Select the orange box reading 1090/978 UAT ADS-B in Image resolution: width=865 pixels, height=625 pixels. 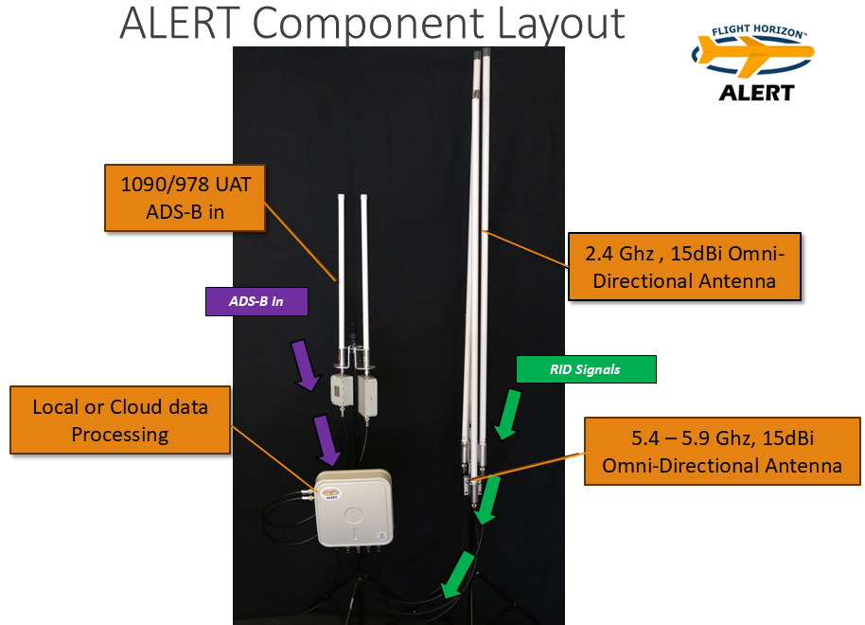[x=185, y=197]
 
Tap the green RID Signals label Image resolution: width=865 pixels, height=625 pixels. [x=585, y=369]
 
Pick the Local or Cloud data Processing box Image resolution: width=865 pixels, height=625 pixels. [x=120, y=420]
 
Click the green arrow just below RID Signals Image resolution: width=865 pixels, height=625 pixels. [x=507, y=414]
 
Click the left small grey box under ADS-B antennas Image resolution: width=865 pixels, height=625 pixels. [x=339, y=390]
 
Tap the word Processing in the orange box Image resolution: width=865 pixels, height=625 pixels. [x=120, y=434]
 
